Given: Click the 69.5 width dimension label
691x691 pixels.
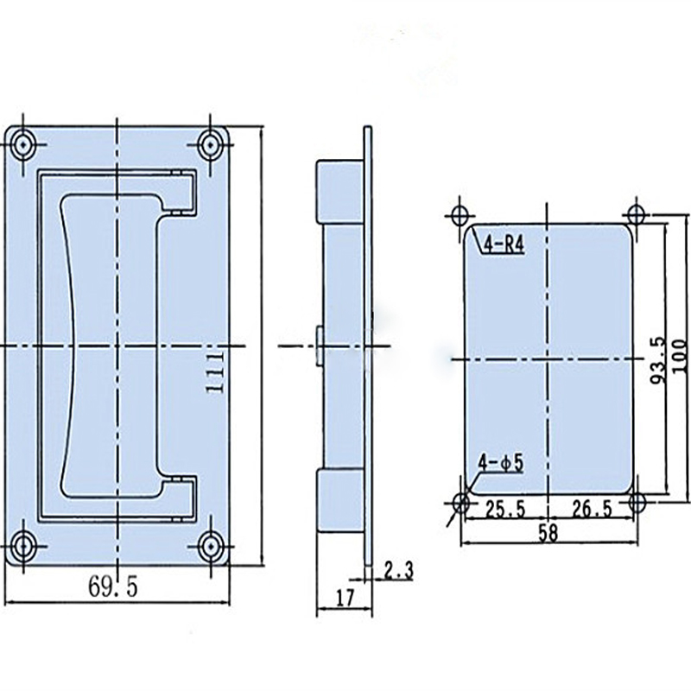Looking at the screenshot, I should click(112, 586).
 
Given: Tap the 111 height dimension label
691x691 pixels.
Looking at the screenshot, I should click(216, 372).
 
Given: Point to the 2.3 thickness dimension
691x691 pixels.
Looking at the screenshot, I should click(398, 570).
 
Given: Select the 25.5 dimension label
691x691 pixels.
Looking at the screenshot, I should click(504, 509).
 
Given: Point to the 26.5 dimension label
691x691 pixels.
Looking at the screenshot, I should click(591, 509).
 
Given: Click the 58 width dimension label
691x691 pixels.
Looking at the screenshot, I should click(547, 533).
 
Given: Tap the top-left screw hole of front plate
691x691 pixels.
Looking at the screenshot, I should click(25, 144).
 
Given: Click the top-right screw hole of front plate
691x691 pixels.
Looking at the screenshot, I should click(209, 144).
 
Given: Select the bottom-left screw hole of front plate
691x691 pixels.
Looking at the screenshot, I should click(25, 545).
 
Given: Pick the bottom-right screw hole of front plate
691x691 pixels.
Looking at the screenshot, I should click(209, 545).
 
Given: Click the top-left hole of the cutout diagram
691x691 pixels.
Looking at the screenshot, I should click(460, 214).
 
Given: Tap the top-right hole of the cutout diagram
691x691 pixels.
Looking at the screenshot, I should click(637, 214).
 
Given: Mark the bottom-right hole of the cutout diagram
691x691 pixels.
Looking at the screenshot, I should click(637, 502).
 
